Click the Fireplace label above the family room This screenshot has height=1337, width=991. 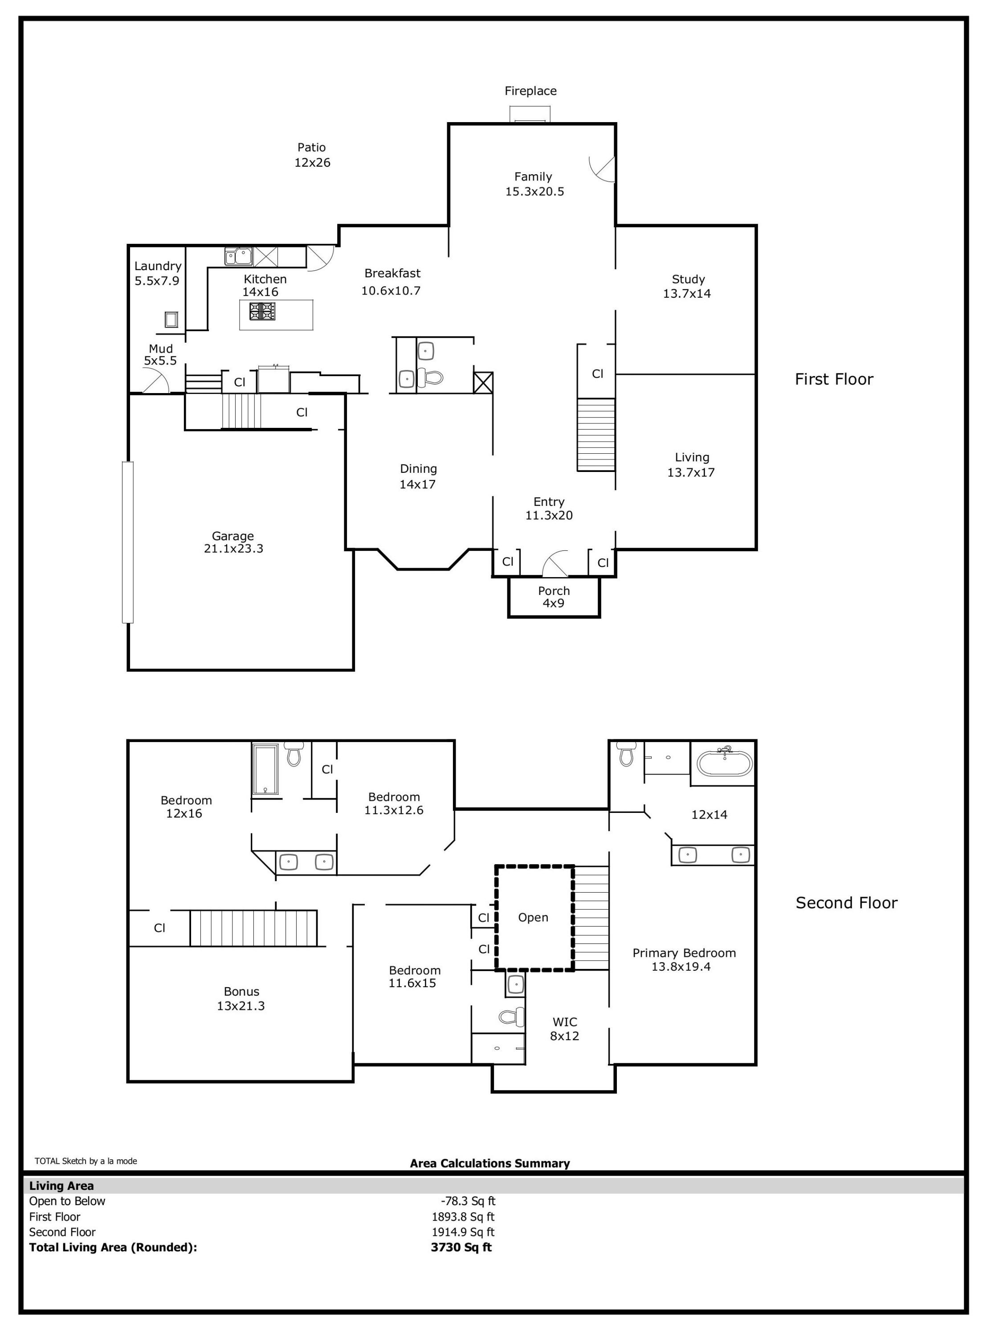click(530, 91)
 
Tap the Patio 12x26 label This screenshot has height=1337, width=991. click(312, 155)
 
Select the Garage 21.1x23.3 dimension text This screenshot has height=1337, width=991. click(233, 542)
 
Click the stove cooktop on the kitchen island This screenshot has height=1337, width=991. click(262, 311)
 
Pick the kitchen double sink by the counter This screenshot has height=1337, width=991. click(239, 256)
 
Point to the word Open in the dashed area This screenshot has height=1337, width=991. click(533, 918)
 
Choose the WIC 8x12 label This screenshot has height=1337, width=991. click(564, 1029)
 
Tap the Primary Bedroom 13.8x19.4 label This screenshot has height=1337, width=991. click(683, 960)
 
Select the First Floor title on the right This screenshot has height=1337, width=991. click(834, 379)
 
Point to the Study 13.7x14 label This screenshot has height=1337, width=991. click(687, 286)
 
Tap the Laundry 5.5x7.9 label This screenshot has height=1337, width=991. click(157, 273)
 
